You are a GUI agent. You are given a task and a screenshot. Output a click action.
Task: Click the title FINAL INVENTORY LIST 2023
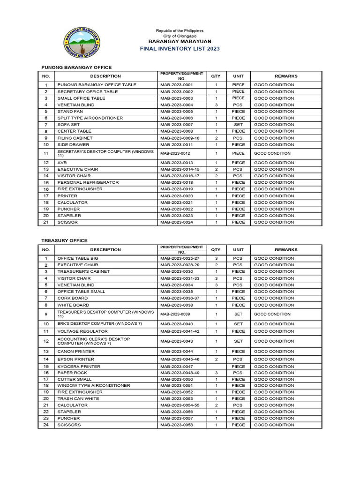point(180,49)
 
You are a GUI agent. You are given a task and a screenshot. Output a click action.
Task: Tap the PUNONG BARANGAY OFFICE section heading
point(76,67)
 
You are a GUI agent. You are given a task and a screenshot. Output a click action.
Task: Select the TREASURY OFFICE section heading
point(64,240)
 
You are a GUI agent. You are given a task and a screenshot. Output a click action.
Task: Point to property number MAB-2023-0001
point(176,85)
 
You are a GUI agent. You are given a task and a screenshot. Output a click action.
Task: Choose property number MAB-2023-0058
point(176,425)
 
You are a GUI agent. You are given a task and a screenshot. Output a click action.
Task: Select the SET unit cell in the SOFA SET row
point(238,125)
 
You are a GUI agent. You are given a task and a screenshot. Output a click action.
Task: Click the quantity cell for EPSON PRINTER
point(216,359)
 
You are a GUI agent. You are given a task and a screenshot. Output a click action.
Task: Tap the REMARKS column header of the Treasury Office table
point(286,250)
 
